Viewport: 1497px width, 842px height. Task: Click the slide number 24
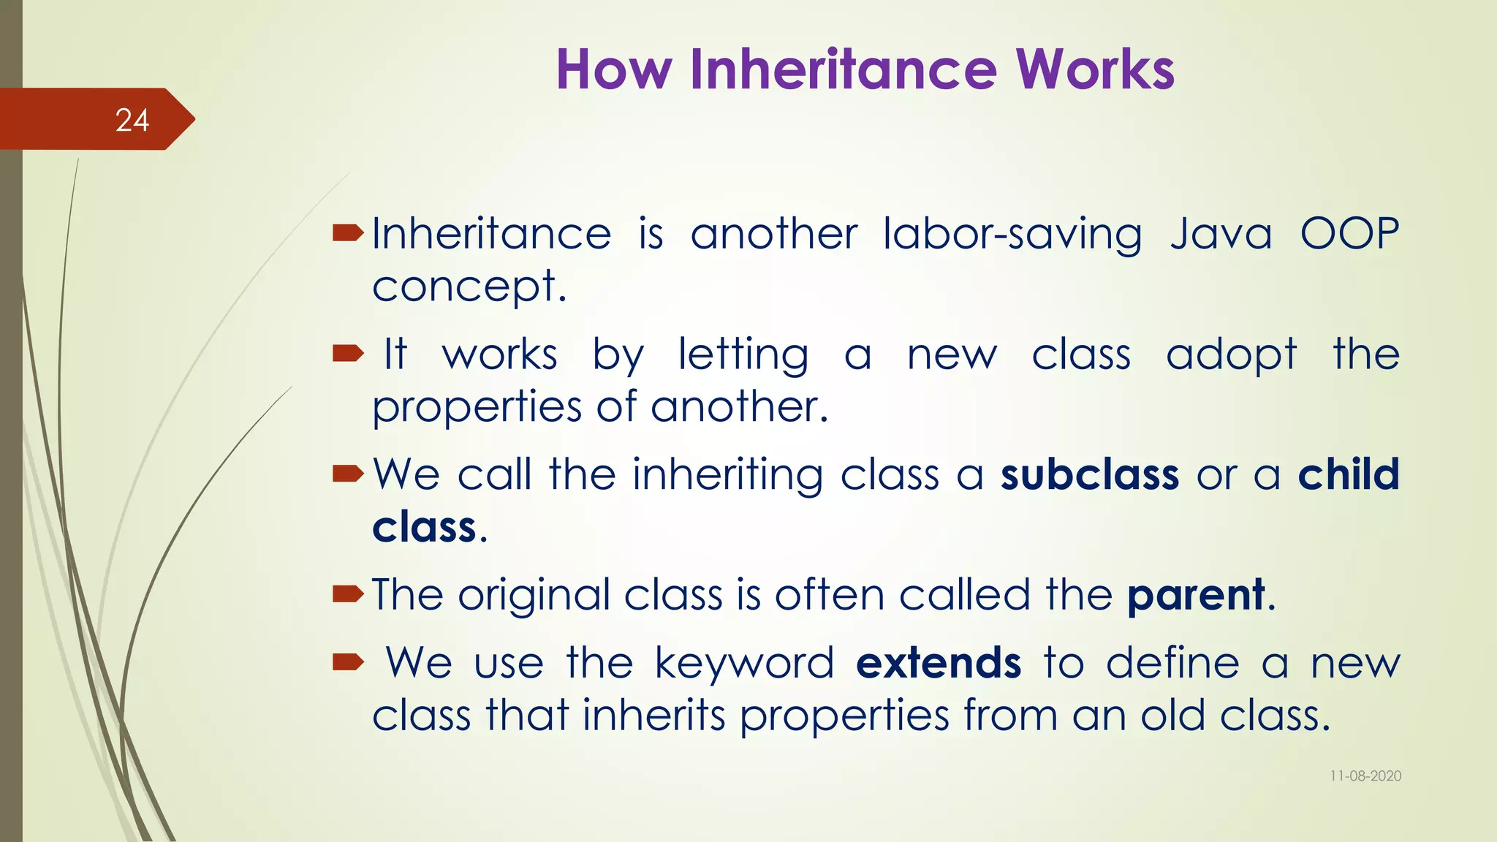pyautogui.click(x=132, y=121)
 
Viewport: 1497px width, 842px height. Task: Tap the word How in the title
pyautogui.click(x=613, y=69)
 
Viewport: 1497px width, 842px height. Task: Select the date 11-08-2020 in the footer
pyautogui.click(x=1365, y=776)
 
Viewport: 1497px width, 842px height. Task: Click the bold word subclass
pyautogui.click(x=1089, y=475)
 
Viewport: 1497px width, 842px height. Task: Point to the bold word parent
pyautogui.click(x=1196, y=595)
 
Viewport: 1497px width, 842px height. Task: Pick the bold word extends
pyautogui.click(x=938, y=663)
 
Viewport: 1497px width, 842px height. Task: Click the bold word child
pyautogui.click(x=1349, y=475)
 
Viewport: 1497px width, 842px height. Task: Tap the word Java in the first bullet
pyautogui.click(x=1221, y=235)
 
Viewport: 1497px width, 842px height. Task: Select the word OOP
pyautogui.click(x=1349, y=235)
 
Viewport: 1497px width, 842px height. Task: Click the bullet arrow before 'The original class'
pyautogui.click(x=348, y=594)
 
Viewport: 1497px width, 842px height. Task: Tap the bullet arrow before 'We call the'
pyautogui.click(x=348, y=474)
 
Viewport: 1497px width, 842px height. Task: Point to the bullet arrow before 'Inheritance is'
pyautogui.click(x=348, y=234)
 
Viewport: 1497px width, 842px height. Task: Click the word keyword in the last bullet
pyautogui.click(x=743, y=664)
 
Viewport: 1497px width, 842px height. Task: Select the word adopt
pyautogui.click(x=1231, y=356)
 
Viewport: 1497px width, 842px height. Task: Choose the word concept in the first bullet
pyautogui.click(x=465, y=287)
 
